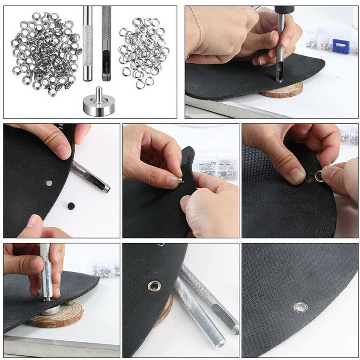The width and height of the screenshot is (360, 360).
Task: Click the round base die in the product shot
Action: click(x=99, y=108)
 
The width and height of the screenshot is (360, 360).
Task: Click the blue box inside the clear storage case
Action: click(x=341, y=46)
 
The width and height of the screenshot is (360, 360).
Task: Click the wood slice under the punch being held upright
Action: click(x=283, y=90)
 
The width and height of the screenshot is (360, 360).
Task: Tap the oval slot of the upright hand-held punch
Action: click(x=280, y=72)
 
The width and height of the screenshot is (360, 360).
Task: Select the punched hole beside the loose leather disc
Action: click(x=49, y=183)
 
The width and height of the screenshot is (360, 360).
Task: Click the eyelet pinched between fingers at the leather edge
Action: click(x=180, y=180)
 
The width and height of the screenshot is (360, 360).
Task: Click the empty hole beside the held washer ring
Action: click(x=310, y=179)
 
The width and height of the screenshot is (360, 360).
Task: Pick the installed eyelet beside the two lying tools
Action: click(x=153, y=285)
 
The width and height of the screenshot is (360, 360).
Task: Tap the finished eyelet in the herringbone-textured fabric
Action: click(x=301, y=307)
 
